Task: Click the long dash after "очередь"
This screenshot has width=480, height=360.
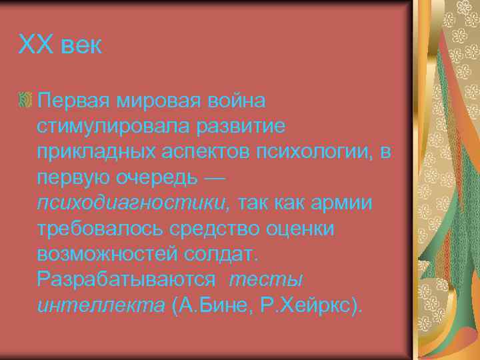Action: click(x=215, y=178)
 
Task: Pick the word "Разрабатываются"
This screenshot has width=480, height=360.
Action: click(x=127, y=281)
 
